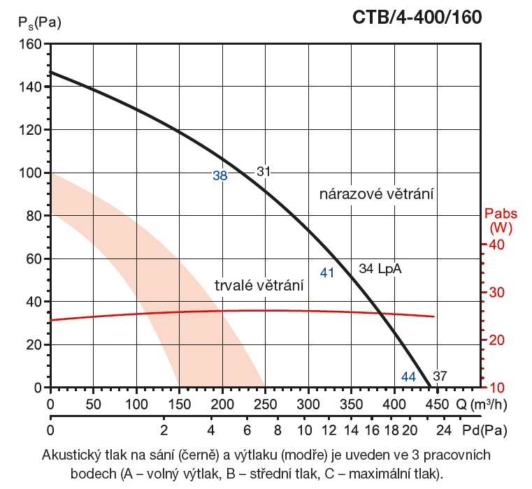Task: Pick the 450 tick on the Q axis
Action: (436, 404)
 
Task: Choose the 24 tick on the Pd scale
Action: (444, 429)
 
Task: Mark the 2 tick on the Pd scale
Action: (164, 429)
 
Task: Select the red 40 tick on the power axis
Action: (496, 245)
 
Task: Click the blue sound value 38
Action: (220, 176)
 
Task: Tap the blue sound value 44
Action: (409, 377)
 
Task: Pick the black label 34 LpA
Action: (381, 269)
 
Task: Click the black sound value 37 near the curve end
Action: (440, 377)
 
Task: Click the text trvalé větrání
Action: (259, 284)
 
